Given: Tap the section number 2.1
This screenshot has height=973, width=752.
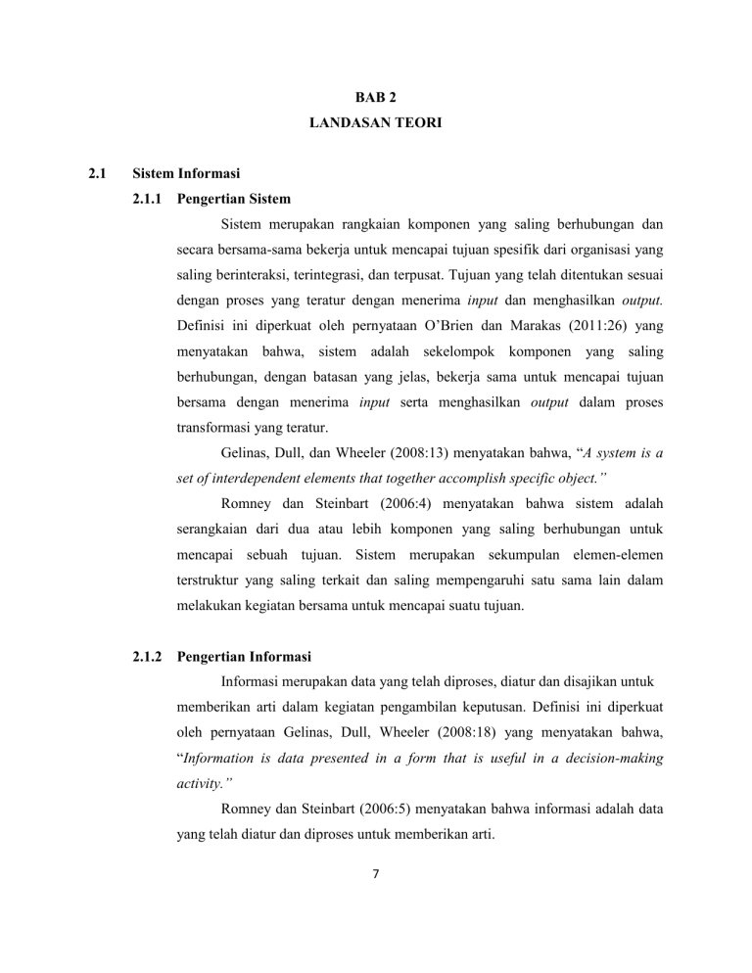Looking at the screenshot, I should coord(96,176).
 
